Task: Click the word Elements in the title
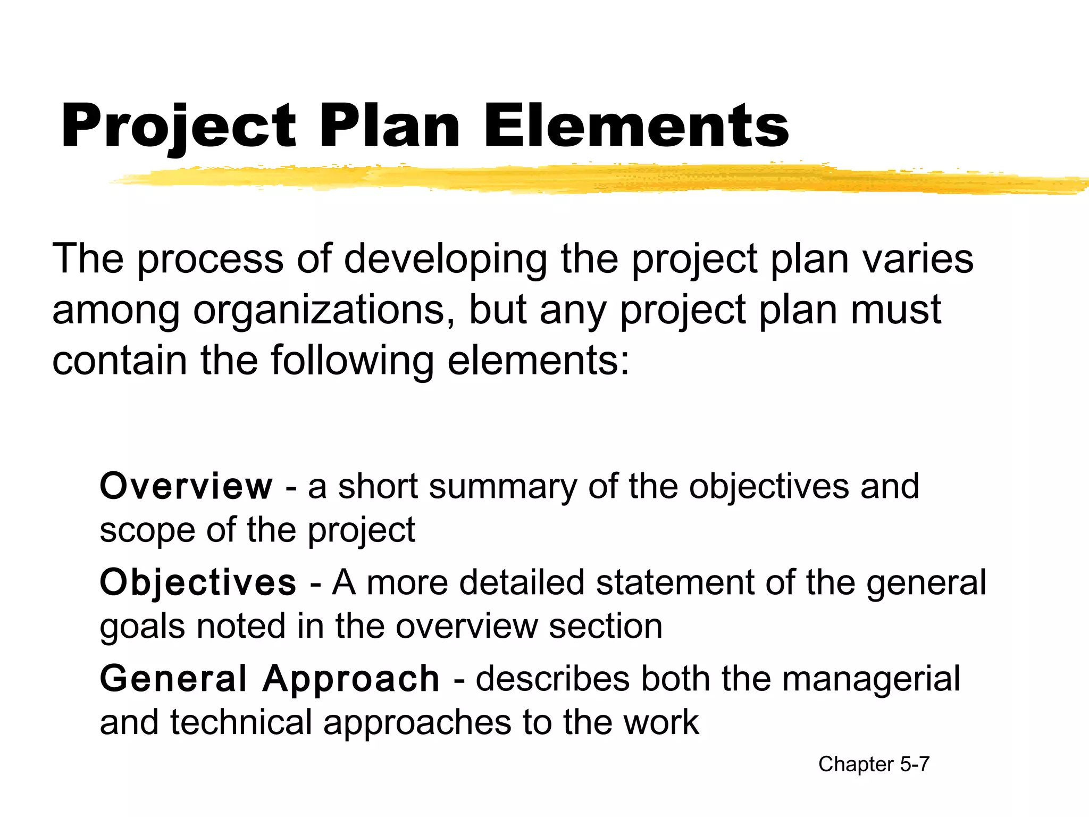(x=636, y=126)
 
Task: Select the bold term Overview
(x=186, y=486)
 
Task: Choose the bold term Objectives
(x=198, y=582)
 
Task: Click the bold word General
(x=173, y=679)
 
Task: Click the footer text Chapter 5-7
(x=874, y=764)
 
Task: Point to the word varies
(x=918, y=259)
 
